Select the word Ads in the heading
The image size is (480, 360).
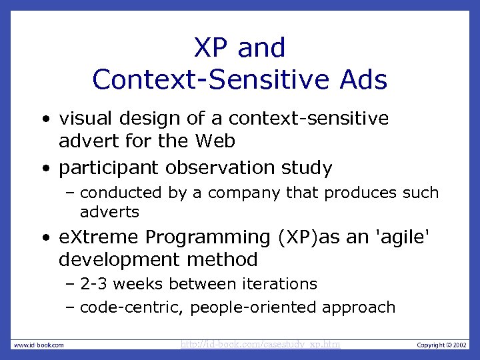point(362,80)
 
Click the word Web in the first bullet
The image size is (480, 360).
point(215,142)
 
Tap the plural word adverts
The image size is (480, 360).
point(109,213)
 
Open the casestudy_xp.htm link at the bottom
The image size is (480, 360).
point(261,345)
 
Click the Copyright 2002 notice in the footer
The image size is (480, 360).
point(441,345)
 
